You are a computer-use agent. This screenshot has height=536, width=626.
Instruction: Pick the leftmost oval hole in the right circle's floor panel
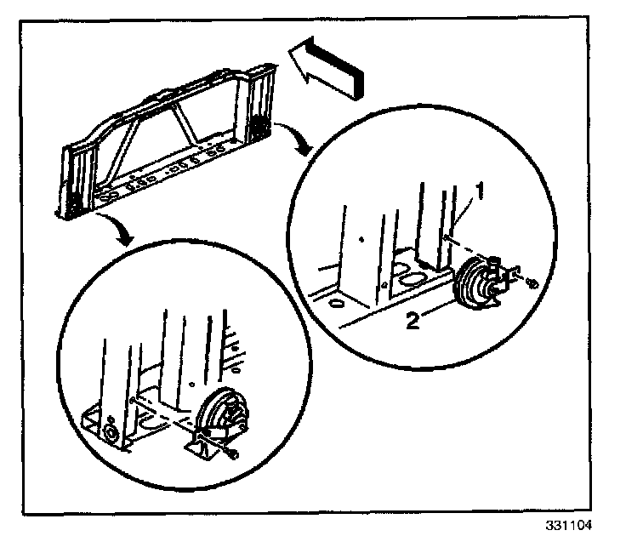coord(334,301)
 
